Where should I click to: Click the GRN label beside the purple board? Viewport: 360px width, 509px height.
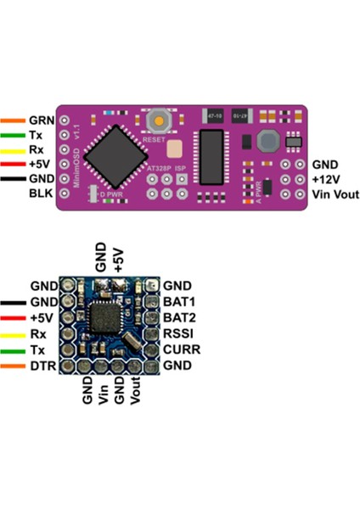point(42,120)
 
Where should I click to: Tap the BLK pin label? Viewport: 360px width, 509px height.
point(41,193)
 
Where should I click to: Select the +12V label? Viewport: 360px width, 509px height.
point(327,179)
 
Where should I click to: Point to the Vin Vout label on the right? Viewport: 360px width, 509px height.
point(335,194)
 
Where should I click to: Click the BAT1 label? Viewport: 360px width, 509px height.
point(179,302)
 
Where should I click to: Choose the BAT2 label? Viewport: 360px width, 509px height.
point(179,317)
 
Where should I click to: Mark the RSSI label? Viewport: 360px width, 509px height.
point(179,333)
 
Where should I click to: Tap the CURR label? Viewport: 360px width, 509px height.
point(181,349)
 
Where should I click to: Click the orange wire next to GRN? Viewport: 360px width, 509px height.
point(13,120)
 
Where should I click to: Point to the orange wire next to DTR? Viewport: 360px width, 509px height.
point(13,365)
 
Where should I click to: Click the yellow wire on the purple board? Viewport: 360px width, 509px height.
point(13,149)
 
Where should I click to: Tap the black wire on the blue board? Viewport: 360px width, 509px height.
point(13,302)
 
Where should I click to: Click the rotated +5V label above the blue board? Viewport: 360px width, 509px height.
point(119,257)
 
